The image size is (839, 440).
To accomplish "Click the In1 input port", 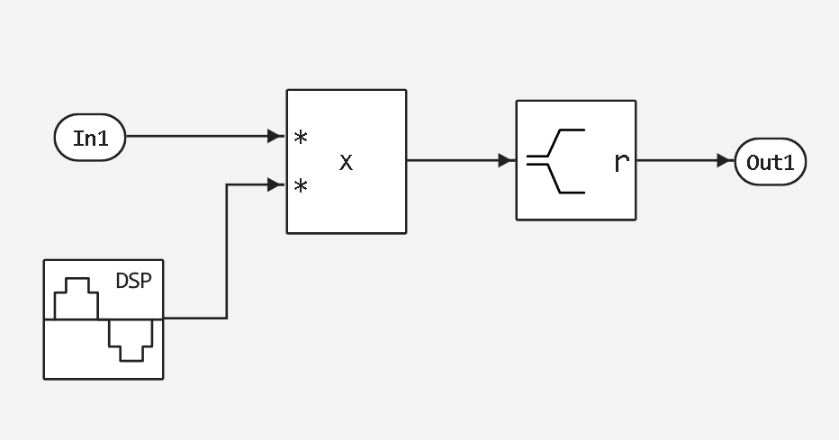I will pyautogui.click(x=89, y=138).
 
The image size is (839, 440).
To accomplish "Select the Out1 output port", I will pyautogui.click(x=770, y=161).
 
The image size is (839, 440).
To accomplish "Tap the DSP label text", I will pyautogui.click(x=133, y=281).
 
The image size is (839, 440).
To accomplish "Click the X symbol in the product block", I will pyautogui.click(x=346, y=163).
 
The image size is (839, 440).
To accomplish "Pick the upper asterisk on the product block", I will pyautogui.click(x=301, y=138).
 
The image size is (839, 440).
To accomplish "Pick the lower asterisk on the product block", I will pyautogui.click(x=301, y=186).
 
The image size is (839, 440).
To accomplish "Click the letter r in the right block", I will pyautogui.click(x=620, y=163).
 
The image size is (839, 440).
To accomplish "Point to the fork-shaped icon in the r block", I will pyautogui.click(x=556, y=161).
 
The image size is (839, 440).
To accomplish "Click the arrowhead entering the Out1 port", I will pyautogui.click(x=724, y=161).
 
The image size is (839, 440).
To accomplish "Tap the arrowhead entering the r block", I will pyautogui.click(x=505, y=161).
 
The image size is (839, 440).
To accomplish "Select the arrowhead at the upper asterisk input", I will pyautogui.click(x=275, y=137).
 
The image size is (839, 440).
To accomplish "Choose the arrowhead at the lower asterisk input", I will pyautogui.click(x=275, y=185).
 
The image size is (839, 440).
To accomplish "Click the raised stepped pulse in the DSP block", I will pyautogui.click(x=77, y=299).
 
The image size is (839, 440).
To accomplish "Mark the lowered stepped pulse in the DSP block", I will pyautogui.click(x=131, y=339).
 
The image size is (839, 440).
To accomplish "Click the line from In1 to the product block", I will pyautogui.click(x=198, y=137).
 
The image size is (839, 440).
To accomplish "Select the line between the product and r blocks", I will pyautogui.click(x=455, y=161).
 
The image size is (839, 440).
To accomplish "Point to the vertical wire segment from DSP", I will pyautogui.click(x=227, y=252).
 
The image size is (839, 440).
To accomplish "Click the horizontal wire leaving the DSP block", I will pyautogui.click(x=194, y=318).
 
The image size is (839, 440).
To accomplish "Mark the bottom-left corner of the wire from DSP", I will pyautogui.click(x=227, y=318).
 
